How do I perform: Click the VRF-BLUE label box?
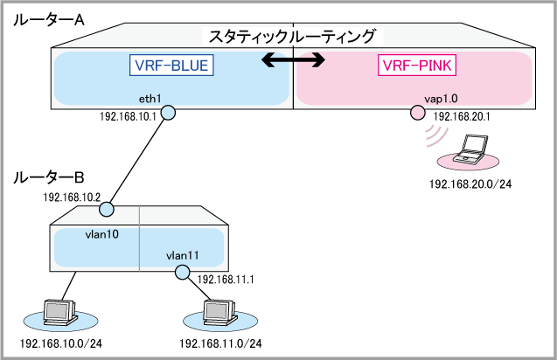172,66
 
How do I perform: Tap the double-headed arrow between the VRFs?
295,61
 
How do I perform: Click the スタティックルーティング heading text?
292,37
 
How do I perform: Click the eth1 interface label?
150,99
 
